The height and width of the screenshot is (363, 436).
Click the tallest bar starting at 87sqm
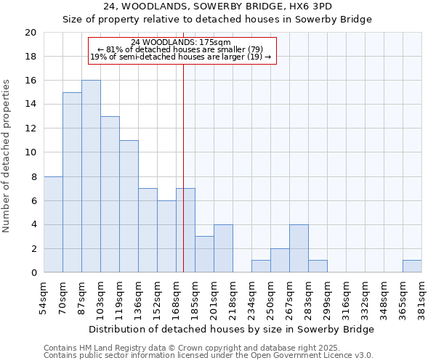91,176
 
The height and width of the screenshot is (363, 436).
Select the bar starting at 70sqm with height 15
72,182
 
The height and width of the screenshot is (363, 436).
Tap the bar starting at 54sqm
53,224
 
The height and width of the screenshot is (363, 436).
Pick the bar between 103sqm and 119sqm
110,195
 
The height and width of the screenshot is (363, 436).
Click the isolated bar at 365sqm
412,266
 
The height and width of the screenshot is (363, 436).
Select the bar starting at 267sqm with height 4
299,248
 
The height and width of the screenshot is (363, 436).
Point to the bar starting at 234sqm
261,266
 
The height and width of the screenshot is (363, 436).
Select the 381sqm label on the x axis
421,298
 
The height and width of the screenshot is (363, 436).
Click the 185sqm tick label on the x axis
195,298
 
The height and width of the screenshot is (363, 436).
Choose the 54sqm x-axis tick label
44,297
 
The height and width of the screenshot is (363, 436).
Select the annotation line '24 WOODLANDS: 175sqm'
182,42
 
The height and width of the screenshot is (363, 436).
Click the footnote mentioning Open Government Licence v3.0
209,356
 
